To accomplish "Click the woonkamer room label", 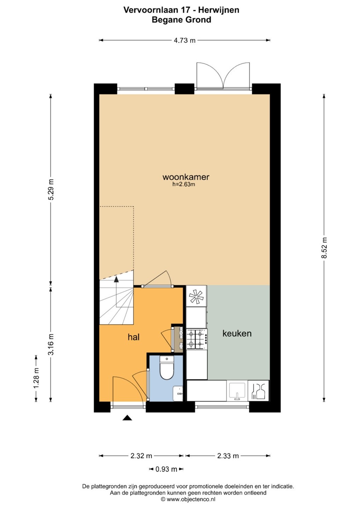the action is point(186,177).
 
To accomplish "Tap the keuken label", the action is point(237,333).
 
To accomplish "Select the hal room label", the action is point(134,337).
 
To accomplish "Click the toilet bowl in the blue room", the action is point(167,368).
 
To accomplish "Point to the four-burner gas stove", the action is point(197,339).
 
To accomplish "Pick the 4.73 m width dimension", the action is point(185,40).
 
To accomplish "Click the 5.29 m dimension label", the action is point(51,189).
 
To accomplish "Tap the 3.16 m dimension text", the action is point(51,345).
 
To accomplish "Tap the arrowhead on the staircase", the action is point(116,279).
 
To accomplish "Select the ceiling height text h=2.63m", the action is point(184,184).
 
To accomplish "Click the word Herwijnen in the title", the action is point(219,10).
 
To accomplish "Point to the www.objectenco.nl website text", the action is point(191,499).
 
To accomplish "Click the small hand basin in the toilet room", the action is point(178,393).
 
